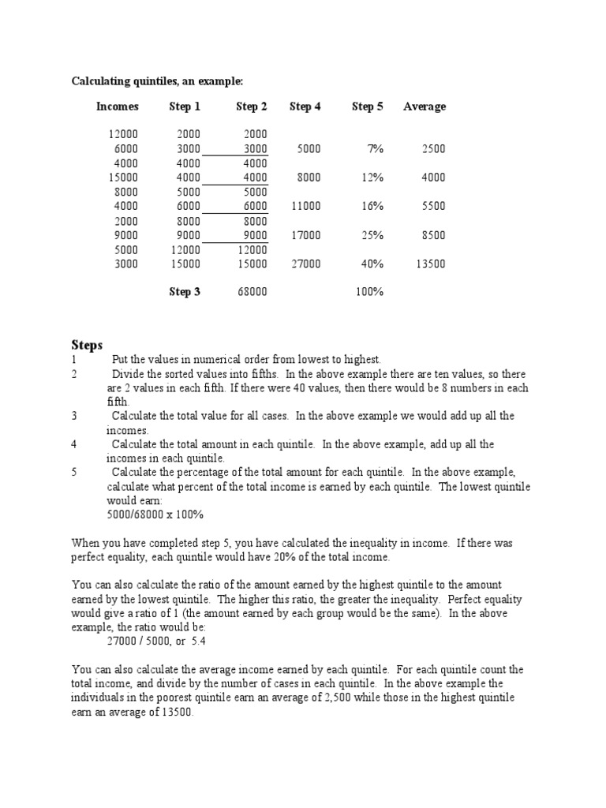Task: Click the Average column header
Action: [x=424, y=107]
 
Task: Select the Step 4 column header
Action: [x=305, y=107]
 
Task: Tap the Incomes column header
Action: [x=118, y=107]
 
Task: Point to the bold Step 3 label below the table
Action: [x=185, y=292]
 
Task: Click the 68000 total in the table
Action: [x=252, y=292]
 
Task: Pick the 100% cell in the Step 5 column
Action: [x=368, y=292]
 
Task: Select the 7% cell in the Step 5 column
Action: [x=373, y=148]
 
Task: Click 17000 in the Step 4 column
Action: [x=305, y=235]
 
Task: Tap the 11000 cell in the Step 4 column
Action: [x=305, y=206]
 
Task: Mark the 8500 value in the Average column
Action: [x=433, y=235]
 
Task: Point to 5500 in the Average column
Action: [x=433, y=206]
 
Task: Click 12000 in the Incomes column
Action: [x=123, y=134]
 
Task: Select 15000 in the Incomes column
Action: [x=123, y=178]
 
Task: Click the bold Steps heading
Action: [x=87, y=345]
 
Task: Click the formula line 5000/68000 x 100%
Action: [x=155, y=514]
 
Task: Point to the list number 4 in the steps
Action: [x=74, y=444]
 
